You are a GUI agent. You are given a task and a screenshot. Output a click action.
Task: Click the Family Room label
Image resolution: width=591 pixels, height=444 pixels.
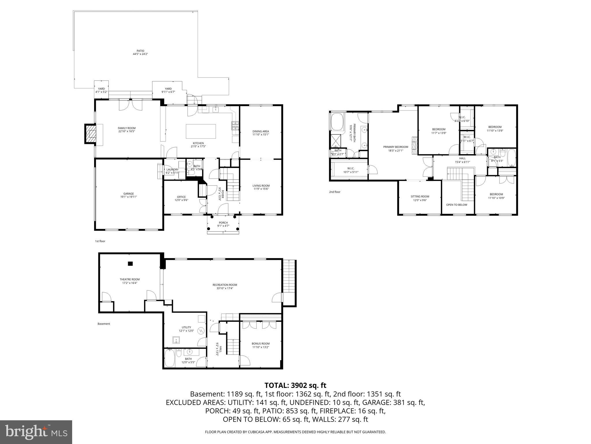tap(126, 128)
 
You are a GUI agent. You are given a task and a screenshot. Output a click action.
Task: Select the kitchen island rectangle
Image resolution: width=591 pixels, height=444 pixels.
tap(201, 132)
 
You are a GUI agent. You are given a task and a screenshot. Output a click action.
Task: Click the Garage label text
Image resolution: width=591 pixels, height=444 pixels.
tap(128, 194)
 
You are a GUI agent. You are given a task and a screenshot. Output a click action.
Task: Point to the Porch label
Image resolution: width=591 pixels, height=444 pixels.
tap(223, 223)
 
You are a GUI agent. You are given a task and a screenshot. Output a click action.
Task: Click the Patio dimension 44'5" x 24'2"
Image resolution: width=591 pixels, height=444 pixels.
tap(140, 54)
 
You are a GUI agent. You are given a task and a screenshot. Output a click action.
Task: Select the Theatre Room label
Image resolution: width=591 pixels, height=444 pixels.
tap(130, 279)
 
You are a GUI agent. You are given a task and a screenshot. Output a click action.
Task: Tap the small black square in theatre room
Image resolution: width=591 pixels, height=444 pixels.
tap(130, 264)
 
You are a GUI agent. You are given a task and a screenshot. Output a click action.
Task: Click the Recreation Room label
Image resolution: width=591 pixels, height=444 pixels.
tap(225, 285)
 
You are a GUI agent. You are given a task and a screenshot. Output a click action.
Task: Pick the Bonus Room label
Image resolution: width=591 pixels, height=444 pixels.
tap(261, 344)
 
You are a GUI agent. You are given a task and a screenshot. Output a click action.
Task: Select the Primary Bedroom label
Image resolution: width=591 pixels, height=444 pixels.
tap(396, 147)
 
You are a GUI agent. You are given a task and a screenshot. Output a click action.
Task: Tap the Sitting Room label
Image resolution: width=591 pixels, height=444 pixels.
tap(420, 197)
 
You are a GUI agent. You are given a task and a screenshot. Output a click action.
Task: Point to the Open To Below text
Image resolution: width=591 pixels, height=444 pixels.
tap(457, 205)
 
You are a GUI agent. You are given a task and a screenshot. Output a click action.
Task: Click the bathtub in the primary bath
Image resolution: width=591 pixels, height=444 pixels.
tap(337, 122)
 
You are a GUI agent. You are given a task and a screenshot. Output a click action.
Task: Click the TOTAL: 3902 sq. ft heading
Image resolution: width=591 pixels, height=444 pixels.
tap(295, 385)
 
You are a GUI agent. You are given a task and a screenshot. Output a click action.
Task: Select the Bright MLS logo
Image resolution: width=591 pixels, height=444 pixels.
tap(36, 432)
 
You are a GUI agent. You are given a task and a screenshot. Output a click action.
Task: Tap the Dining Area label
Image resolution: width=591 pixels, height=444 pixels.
tap(261, 131)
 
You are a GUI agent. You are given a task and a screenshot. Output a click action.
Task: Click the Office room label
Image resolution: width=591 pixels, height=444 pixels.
tap(181, 197)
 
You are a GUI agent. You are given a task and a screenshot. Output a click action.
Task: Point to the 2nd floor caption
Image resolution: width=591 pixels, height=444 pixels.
tap(335, 192)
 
